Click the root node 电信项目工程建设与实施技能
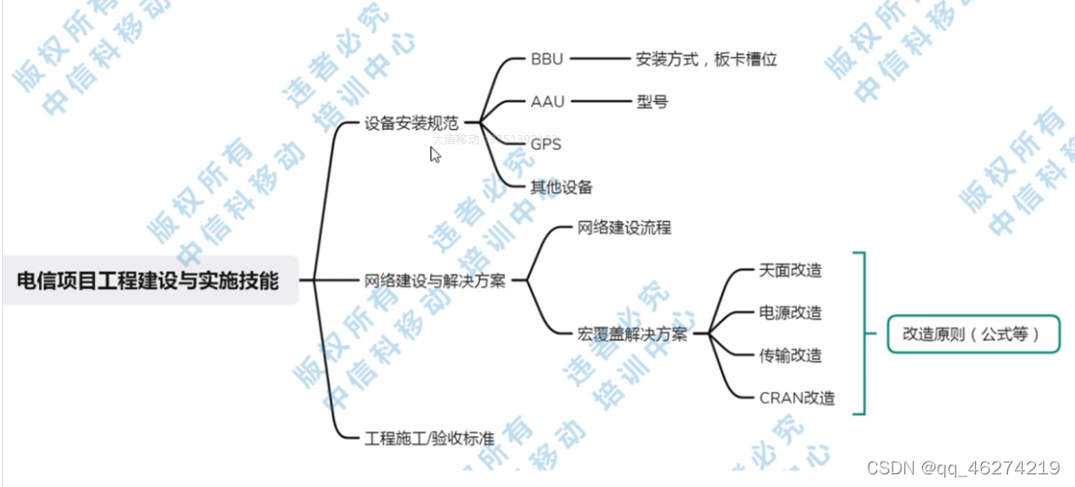point(148,281)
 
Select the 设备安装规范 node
point(411,124)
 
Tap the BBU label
point(547,59)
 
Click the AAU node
point(548,101)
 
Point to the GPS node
point(546,144)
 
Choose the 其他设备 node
point(561,187)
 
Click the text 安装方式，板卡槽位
point(707,59)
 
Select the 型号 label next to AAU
point(651,101)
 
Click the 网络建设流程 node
point(624,229)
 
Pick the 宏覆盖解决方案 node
point(632,335)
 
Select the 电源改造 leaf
point(791,312)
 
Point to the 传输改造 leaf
point(791,355)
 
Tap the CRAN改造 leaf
point(797,398)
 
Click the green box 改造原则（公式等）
point(970,335)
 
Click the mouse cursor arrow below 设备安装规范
point(435,153)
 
